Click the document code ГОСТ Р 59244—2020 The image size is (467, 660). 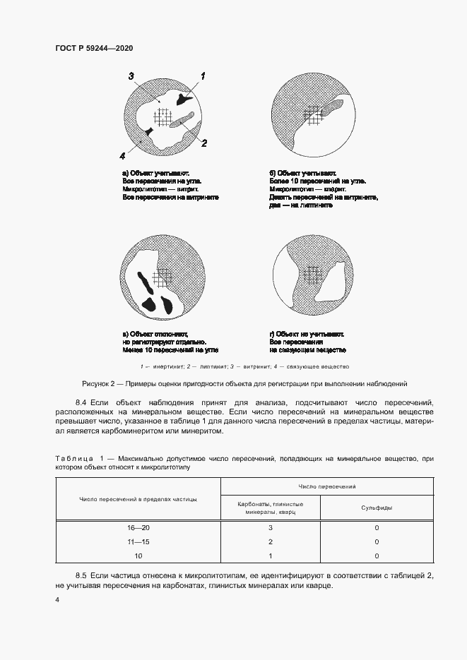point(93,48)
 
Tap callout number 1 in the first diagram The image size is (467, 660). point(203,76)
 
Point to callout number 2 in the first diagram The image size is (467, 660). point(203,143)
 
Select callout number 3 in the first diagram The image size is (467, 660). point(131,76)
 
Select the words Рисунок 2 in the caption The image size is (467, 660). point(98,384)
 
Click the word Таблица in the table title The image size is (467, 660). point(73,459)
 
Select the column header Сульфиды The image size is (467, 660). point(377,508)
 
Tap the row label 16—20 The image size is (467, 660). point(138,527)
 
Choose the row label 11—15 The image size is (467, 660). point(138,541)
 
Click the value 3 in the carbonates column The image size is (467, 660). point(271,527)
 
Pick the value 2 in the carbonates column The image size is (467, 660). point(271,541)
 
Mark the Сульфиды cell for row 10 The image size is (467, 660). point(377,556)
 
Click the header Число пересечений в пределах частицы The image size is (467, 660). point(138,499)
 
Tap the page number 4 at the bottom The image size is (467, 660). point(57,599)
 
